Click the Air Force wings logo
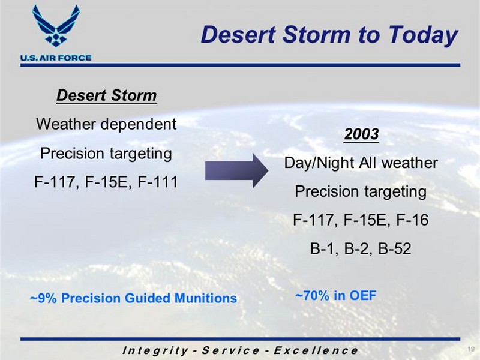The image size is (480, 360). tap(56, 26)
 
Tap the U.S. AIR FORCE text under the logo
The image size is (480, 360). tap(56, 58)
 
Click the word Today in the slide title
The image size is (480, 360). tap(423, 35)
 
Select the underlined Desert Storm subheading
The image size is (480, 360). tap(107, 95)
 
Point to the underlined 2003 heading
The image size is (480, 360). tap(361, 134)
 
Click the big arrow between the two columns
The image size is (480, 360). tap(236, 171)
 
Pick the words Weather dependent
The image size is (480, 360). tap(106, 124)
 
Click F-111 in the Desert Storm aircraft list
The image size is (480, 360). tap(158, 182)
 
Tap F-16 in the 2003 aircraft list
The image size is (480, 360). tap(412, 220)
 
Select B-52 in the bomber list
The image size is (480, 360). tap(395, 248)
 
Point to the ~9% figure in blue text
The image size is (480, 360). tap(43, 298)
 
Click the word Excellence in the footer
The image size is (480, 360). tap(316, 350)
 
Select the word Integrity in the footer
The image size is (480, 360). tap(155, 351)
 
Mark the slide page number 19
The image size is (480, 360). tap(471, 349)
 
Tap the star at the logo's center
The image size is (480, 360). tap(56, 37)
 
